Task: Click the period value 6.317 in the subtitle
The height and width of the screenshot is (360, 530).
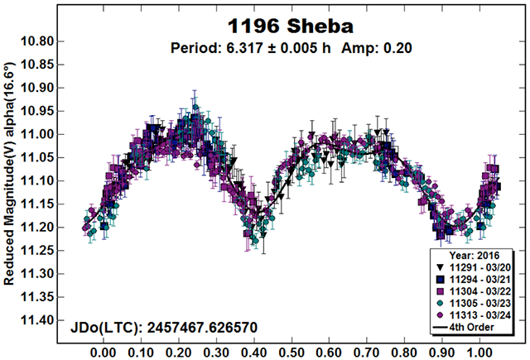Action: pos(272,47)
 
